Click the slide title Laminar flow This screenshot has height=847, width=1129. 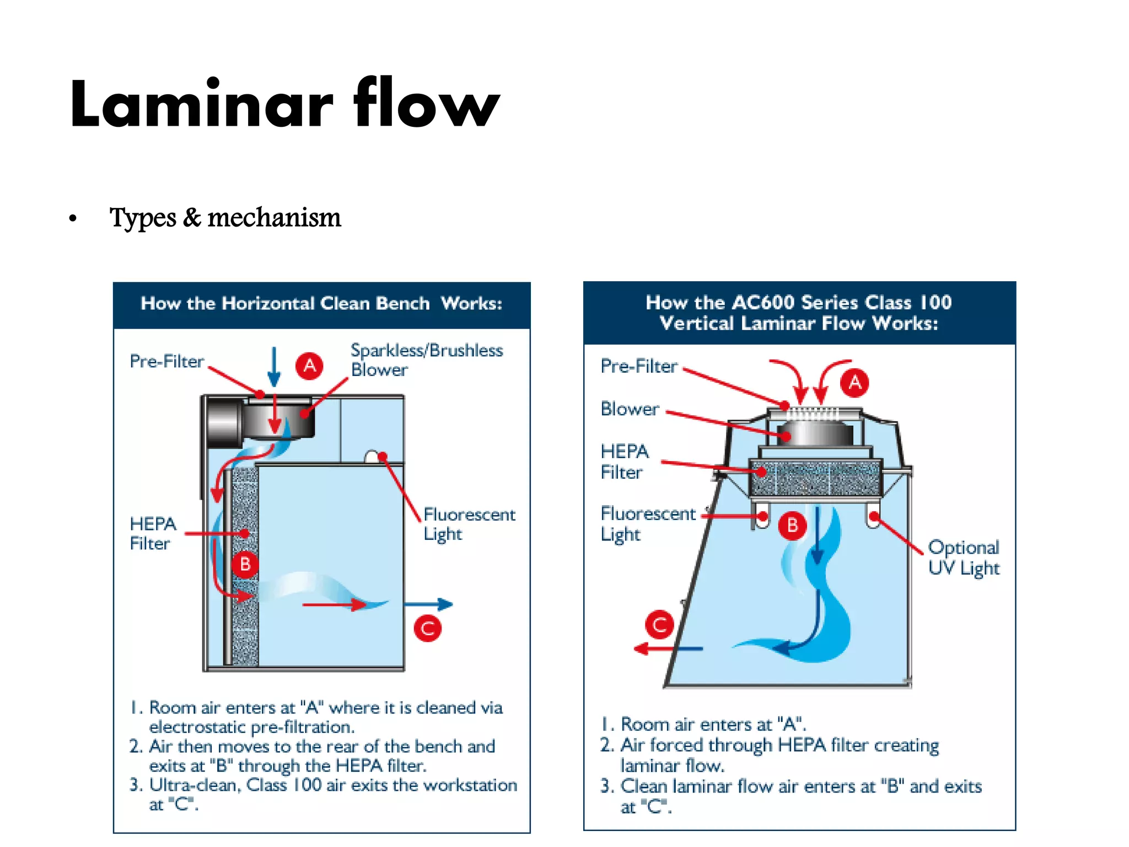284,104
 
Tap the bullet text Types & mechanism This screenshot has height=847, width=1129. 225,217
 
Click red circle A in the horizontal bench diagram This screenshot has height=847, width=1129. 309,366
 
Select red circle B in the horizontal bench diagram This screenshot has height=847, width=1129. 245,564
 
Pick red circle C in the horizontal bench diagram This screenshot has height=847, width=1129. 428,629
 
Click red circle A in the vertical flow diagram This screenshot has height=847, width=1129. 854,382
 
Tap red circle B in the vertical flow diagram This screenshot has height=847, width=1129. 792,525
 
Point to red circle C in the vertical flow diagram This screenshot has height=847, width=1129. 659,624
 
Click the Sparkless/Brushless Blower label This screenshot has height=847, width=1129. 426,360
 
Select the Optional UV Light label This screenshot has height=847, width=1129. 963,557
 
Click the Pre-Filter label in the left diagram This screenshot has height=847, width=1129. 166,361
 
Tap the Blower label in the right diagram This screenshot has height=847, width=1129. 630,409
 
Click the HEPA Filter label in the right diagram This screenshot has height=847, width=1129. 624,462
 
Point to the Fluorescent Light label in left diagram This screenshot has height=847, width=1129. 469,524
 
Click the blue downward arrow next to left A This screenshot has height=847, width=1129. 274,367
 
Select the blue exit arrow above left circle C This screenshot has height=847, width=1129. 428,604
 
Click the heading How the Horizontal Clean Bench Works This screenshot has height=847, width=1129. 321,303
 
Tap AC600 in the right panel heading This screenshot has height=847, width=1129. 763,302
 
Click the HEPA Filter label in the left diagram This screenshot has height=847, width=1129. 152,533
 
